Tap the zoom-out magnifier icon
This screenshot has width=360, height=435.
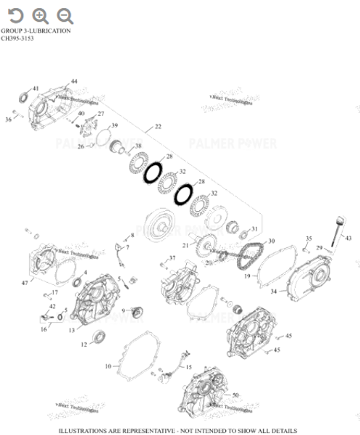pos(65,14)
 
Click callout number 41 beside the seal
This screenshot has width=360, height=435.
pos(35,88)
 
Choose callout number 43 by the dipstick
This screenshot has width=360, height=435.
pos(348,239)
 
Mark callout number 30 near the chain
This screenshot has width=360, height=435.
pos(271,241)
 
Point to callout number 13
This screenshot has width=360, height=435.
pos(72,330)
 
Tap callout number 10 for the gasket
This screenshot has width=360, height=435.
pos(109,367)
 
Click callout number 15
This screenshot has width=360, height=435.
pos(189,368)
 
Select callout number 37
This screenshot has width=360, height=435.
pos(172,258)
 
